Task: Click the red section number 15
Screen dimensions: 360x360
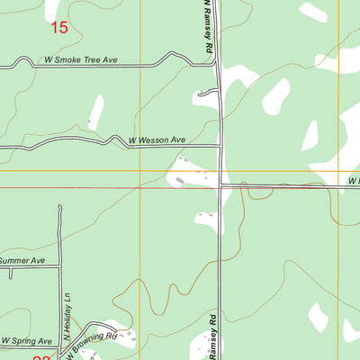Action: click(59, 28)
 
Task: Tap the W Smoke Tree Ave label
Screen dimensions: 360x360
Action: click(81, 61)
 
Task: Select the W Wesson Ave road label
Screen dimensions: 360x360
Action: click(157, 140)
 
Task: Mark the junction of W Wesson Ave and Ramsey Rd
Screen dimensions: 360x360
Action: click(220, 145)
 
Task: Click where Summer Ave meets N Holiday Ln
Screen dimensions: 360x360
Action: click(59, 265)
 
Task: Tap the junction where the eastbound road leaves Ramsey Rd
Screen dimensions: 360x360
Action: click(221, 186)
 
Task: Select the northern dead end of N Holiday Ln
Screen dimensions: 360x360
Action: click(60, 206)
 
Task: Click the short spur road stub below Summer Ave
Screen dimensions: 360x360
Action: click(10, 272)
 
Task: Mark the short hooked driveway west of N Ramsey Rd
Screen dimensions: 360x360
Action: click(209, 92)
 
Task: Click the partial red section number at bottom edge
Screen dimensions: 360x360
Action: click(42, 357)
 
